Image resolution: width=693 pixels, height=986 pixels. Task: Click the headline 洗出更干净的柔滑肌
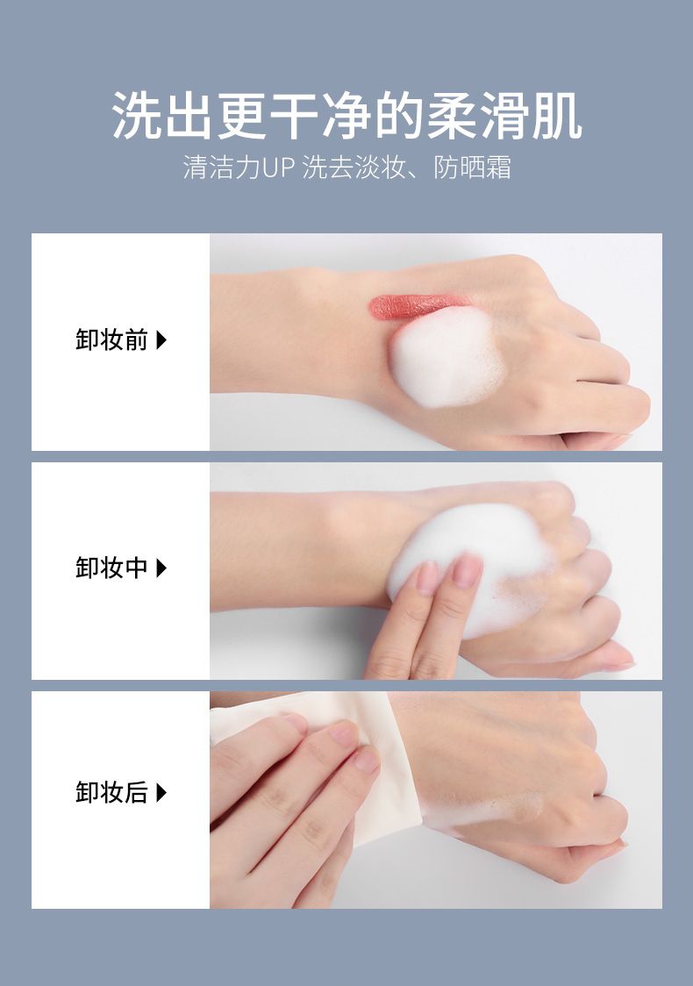pos(346,116)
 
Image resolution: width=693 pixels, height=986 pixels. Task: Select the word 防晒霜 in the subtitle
pos(472,168)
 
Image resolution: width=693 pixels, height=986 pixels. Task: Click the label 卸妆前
pos(111,340)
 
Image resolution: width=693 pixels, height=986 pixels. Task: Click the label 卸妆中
pos(111,568)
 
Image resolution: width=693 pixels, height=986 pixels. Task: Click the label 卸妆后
pos(111,793)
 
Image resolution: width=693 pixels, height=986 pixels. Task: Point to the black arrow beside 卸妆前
pos(161,340)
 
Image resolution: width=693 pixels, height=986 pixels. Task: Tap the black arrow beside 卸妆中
pos(161,568)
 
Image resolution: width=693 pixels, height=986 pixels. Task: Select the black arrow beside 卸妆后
pos(161,793)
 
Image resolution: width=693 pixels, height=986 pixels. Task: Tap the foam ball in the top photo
pos(447,356)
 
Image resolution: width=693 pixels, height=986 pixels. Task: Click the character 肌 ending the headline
pos(556,116)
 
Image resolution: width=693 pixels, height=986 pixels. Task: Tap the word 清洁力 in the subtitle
pos(222,168)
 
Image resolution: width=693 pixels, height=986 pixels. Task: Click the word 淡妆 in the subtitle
pos(381,168)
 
